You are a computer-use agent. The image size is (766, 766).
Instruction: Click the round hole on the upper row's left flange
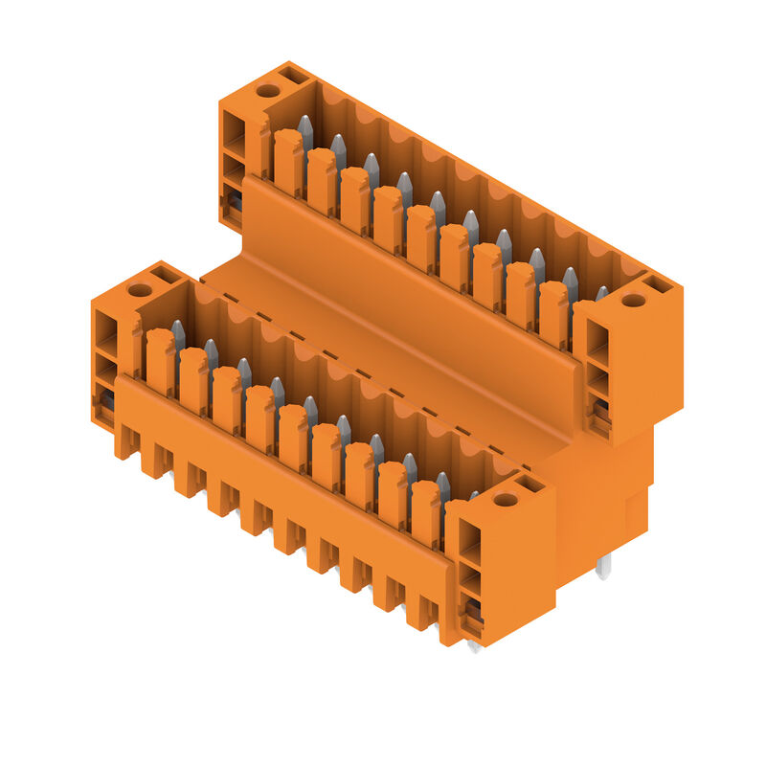tap(268, 91)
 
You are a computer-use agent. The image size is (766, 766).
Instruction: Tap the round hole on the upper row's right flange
tap(633, 301)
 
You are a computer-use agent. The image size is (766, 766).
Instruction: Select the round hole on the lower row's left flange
tap(140, 290)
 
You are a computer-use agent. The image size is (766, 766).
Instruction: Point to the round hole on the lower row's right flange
tap(506, 500)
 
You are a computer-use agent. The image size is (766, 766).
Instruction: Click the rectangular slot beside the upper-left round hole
tap(293, 75)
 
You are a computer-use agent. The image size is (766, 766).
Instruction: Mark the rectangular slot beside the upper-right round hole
tap(659, 284)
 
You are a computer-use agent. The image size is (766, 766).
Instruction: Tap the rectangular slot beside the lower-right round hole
tap(530, 484)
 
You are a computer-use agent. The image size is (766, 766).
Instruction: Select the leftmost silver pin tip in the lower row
tap(178, 332)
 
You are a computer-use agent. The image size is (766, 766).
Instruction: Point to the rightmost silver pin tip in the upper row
tap(601, 292)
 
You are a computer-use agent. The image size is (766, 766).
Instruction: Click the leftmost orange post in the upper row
tap(287, 161)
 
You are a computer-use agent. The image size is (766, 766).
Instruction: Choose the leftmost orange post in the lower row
tap(160, 361)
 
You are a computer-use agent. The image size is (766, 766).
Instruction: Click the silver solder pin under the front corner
tap(473, 646)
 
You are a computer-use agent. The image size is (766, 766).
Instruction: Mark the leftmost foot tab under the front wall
tap(124, 442)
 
